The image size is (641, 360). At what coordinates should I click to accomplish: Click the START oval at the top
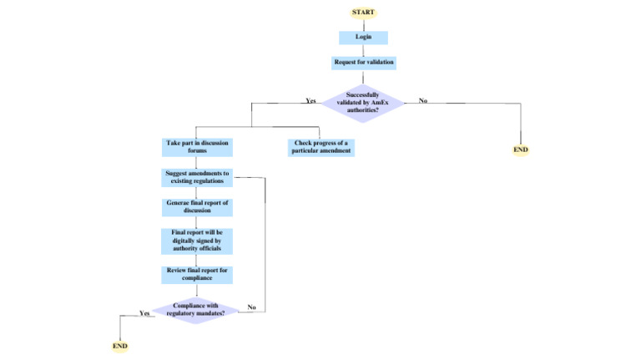(363, 13)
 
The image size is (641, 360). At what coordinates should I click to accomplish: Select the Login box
(363, 38)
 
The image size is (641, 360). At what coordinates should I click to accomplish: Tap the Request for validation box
(363, 63)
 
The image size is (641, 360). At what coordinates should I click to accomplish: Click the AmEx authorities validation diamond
(362, 101)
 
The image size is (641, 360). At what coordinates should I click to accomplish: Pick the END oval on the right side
(521, 150)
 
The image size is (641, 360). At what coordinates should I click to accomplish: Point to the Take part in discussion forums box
(197, 147)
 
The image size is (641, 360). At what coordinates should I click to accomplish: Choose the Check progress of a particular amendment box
(321, 147)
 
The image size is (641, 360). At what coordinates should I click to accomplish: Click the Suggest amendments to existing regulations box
(197, 177)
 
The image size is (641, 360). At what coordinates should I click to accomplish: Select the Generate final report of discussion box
(197, 206)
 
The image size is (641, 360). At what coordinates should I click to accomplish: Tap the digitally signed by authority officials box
(197, 241)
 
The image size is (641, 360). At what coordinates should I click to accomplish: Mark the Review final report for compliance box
(197, 274)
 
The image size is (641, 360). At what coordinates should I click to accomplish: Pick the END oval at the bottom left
(120, 346)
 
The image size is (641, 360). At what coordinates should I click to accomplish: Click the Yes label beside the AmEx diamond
(310, 101)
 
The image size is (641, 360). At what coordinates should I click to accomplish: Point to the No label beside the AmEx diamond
(423, 101)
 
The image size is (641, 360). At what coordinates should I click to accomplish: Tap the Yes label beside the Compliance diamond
(144, 313)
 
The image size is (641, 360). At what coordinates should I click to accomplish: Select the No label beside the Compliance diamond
(251, 307)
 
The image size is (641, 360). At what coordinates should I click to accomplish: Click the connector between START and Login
(363, 24)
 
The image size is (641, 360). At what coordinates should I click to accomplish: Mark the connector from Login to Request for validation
(363, 50)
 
